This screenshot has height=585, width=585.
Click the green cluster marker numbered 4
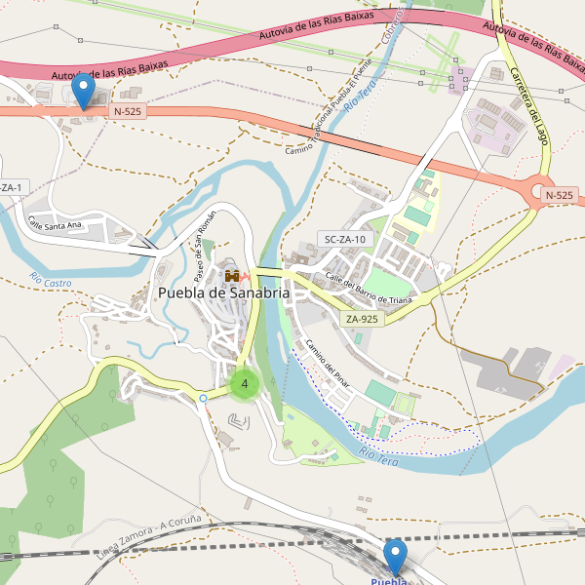tap(244, 384)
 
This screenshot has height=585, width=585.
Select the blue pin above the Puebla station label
tap(395, 558)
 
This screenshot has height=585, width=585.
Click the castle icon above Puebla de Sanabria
tap(232, 276)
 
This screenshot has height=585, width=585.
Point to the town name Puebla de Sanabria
tap(223, 292)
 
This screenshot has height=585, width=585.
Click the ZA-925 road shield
tap(361, 319)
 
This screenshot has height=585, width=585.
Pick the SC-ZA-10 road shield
tap(346, 239)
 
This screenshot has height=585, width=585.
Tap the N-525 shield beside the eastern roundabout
tap(559, 195)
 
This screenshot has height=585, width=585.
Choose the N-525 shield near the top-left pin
tap(128, 111)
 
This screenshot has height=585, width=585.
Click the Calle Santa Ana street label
tap(55, 223)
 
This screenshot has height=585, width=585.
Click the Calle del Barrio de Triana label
tap(369, 289)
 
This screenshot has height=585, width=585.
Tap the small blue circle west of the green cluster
tap(203, 398)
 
